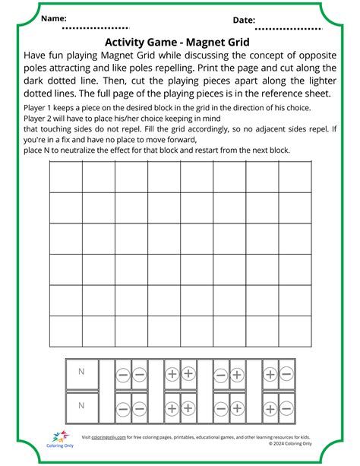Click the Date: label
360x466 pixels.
click(x=244, y=21)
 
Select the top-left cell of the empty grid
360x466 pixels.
click(x=65, y=177)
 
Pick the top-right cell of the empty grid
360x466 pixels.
click(x=294, y=177)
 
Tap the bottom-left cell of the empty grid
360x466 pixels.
click(x=65, y=331)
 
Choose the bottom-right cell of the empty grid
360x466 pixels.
click(x=294, y=331)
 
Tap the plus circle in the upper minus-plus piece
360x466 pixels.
click(x=237, y=374)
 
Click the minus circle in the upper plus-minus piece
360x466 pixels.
click(x=286, y=374)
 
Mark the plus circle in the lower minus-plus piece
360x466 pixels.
click(x=237, y=407)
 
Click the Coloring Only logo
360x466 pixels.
click(x=60, y=442)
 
